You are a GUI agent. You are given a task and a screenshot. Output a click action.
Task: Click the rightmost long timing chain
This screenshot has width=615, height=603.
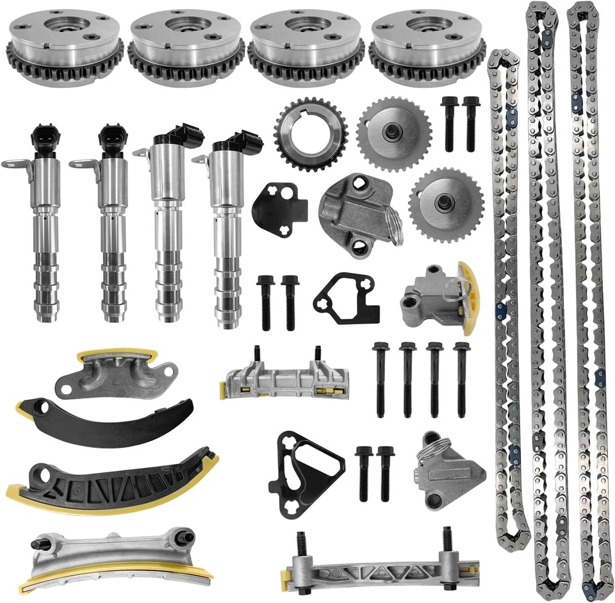coord(589,301)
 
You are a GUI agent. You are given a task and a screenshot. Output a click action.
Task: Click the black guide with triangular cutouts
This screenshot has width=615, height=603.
coord(112,484)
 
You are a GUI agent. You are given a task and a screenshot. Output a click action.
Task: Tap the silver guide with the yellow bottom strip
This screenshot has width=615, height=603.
coord(115,558)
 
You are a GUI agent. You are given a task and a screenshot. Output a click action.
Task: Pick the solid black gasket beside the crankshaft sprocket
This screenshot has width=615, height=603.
coord(279,205)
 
